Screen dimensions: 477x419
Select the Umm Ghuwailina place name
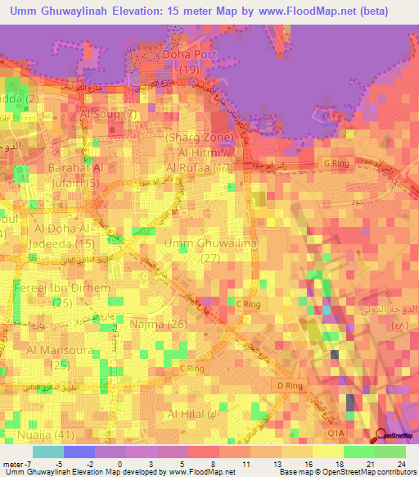click(199, 244)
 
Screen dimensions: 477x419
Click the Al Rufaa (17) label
click(199, 168)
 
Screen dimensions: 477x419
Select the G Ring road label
click(337, 164)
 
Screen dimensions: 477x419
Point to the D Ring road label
click(291, 384)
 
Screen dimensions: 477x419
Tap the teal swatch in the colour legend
click(48, 452)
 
